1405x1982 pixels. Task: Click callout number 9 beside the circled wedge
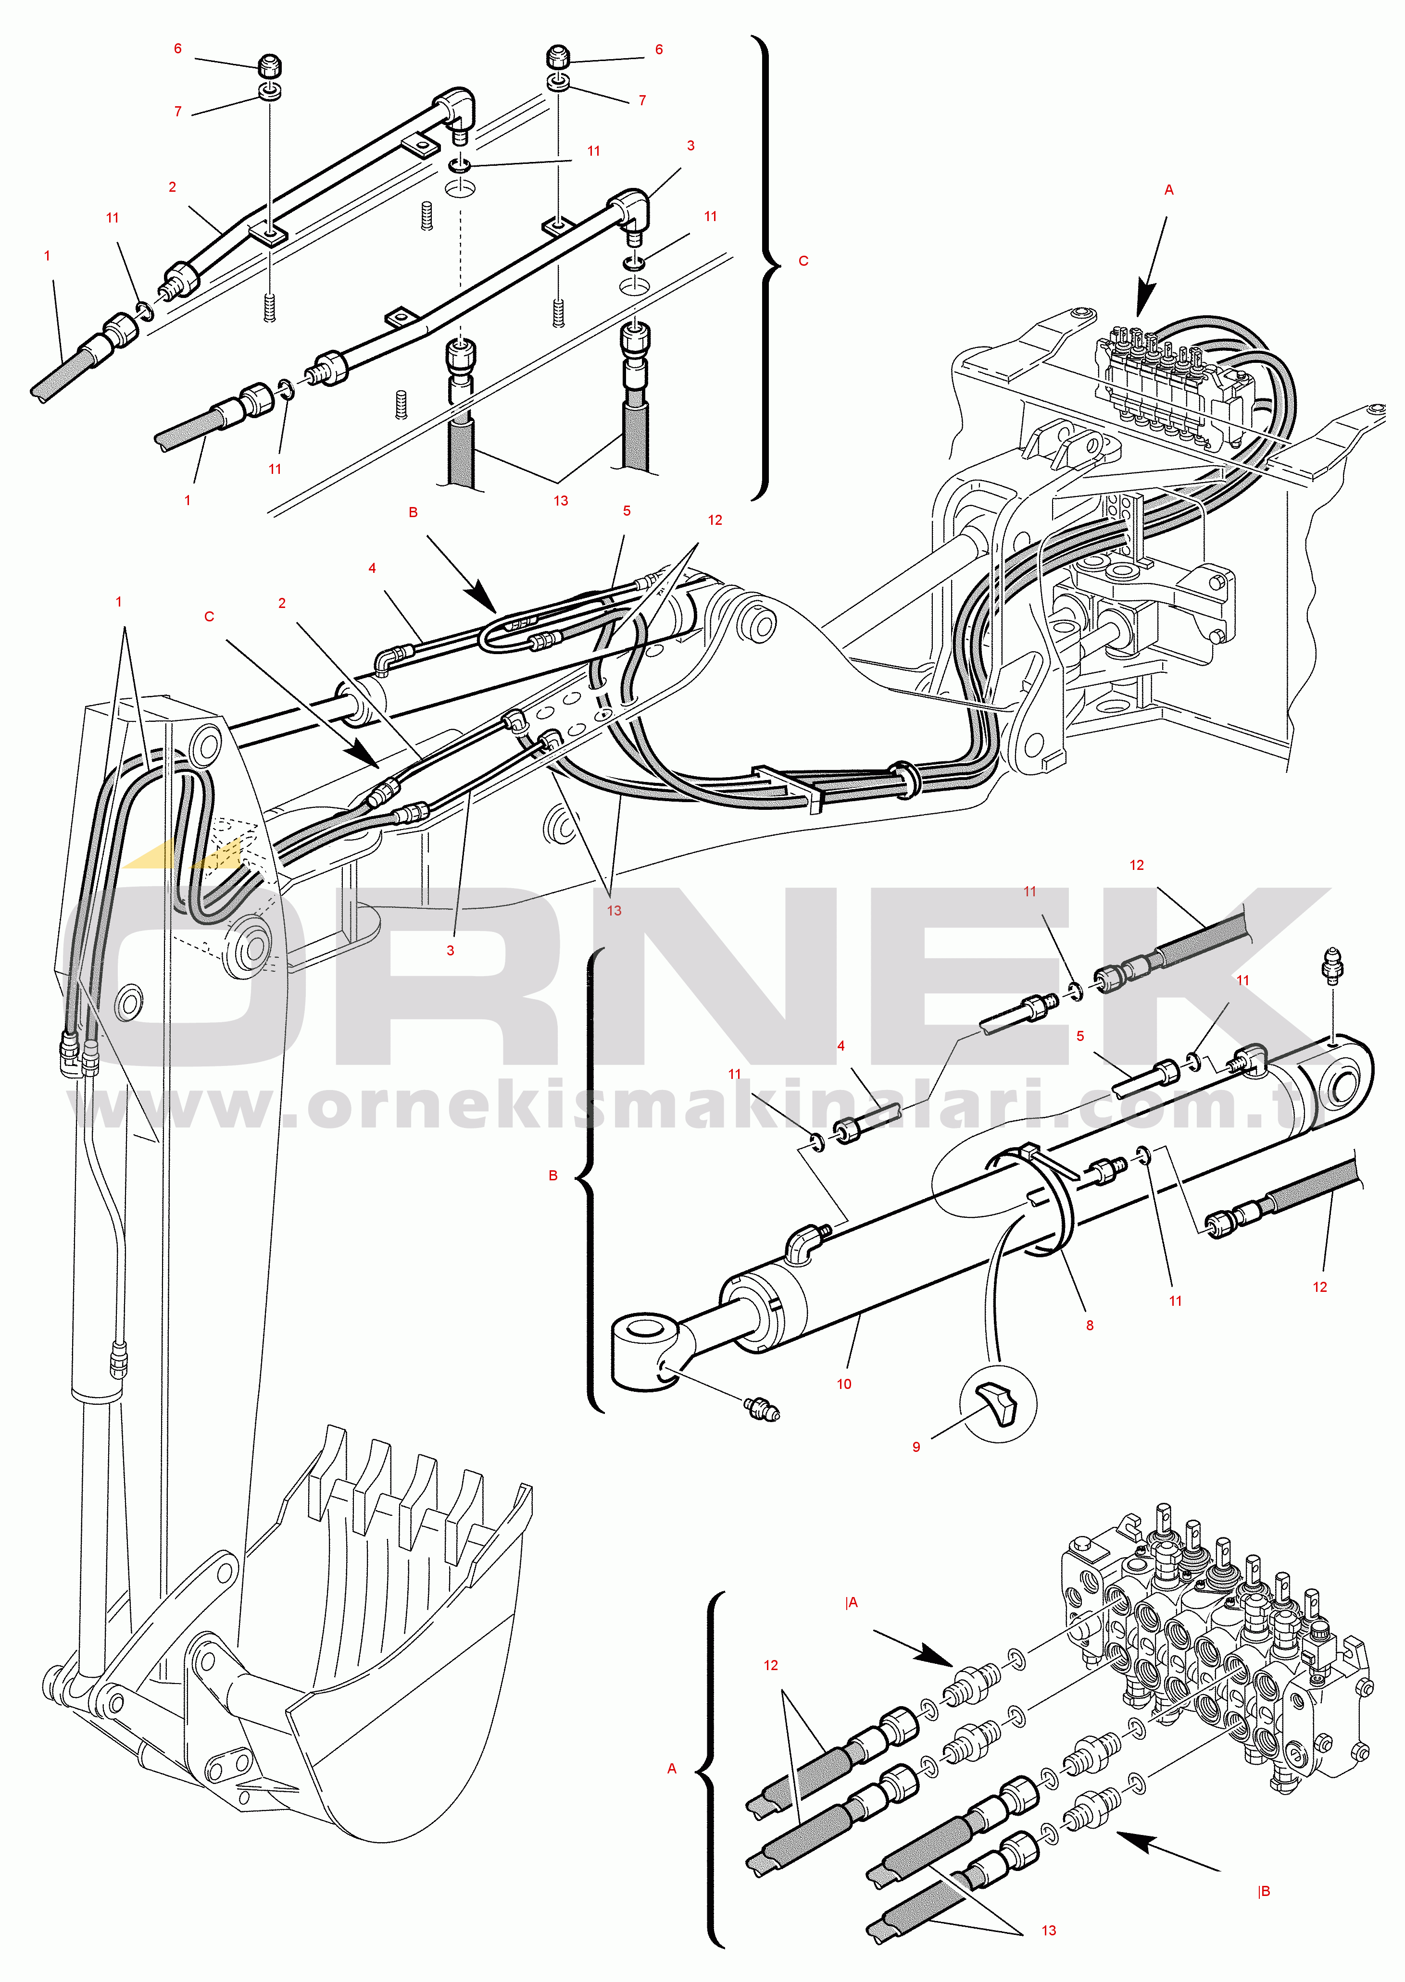point(916,1447)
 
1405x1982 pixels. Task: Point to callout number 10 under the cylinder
point(843,1384)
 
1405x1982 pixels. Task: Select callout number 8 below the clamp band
point(1089,1325)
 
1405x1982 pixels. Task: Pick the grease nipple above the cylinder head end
point(1332,964)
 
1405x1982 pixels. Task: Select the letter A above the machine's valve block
point(1169,189)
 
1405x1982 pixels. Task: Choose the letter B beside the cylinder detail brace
point(553,1175)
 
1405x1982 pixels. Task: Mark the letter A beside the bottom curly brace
point(671,1769)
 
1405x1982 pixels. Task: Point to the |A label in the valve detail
point(851,1602)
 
